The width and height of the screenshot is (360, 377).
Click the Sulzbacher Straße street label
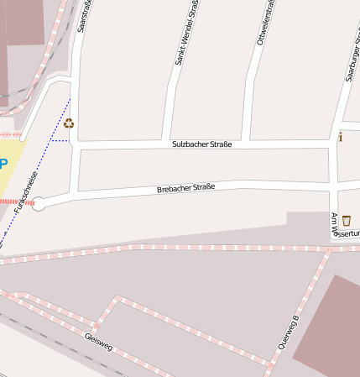(201, 144)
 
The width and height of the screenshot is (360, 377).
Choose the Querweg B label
(288, 332)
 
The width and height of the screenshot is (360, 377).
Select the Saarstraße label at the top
(85, 17)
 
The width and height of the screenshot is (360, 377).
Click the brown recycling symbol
(69, 123)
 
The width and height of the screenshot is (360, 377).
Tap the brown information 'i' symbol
(340, 136)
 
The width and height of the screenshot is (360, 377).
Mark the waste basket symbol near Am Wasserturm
(346, 221)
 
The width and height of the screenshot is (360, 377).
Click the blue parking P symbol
(3, 164)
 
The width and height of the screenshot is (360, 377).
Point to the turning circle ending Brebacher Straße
(38, 203)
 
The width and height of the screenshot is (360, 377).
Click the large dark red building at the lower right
(329, 327)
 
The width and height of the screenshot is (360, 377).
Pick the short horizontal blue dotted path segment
(60, 141)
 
